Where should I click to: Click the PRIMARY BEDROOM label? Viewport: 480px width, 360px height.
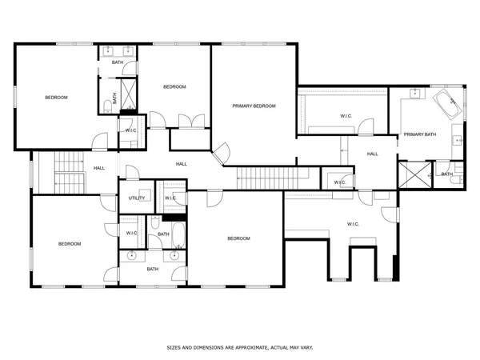coord(254,106)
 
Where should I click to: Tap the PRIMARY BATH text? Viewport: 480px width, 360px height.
coord(419,134)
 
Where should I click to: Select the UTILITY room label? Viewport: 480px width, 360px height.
coord(136,198)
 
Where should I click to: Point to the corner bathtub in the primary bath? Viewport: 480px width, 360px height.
coord(444,104)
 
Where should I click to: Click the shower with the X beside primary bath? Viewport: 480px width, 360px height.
coord(414,173)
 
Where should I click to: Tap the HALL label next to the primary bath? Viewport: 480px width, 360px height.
coord(373,154)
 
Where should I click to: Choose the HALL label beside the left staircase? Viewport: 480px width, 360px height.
coord(99,168)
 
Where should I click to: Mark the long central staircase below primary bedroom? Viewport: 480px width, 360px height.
coord(269,175)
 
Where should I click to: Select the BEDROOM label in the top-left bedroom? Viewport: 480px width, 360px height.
coord(56,98)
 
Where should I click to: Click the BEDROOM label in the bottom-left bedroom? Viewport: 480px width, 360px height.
coord(69,244)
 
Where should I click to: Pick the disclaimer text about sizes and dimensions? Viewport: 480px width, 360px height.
coord(239,348)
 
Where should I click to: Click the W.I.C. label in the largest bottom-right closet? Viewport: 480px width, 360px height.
coord(353,223)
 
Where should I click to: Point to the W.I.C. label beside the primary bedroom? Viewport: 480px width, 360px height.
coord(346,116)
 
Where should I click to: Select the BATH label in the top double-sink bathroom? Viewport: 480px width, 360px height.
coord(118,62)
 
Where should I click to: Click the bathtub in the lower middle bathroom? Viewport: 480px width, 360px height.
coord(178,236)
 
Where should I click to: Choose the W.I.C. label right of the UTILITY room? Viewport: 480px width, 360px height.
coord(170,198)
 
